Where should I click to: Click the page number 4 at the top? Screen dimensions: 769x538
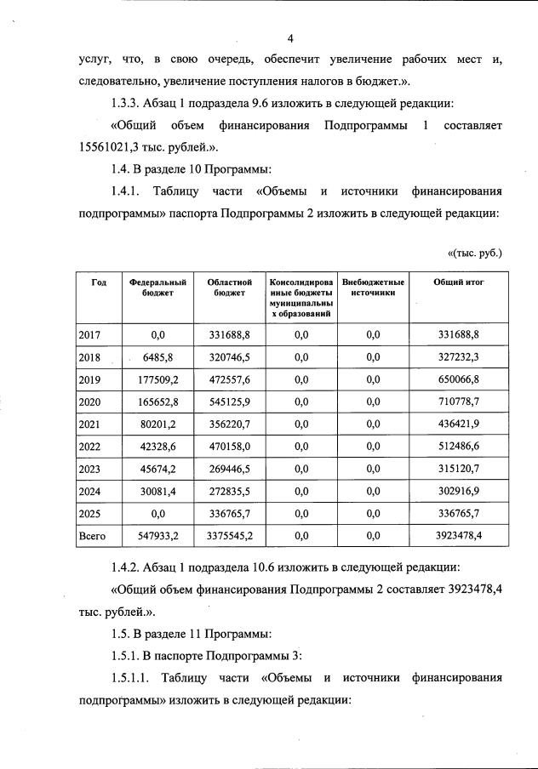(x=290, y=39)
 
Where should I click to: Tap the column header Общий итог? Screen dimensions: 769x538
(x=459, y=282)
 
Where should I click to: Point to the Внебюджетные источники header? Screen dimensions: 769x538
(x=373, y=288)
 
